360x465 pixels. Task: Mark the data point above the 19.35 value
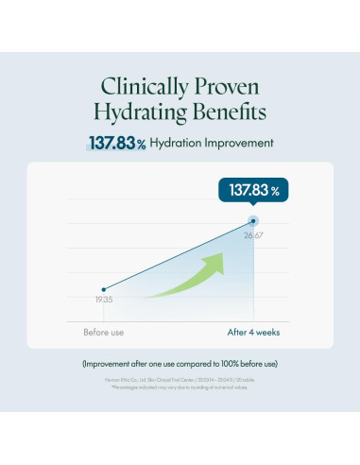click(104, 289)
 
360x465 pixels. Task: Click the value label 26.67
click(252, 234)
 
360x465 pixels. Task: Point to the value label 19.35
click(103, 301)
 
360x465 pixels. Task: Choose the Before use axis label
click(103, 333)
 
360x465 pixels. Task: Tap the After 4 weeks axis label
click(252, 333)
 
